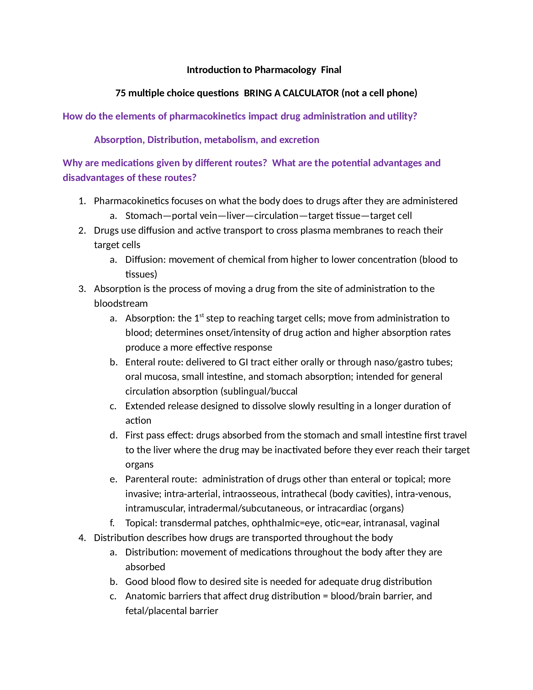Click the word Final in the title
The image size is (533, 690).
(x=331, y=70)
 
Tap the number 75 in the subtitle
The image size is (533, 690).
(x=121, y=93)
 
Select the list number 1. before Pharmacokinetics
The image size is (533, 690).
(x=82, y=201)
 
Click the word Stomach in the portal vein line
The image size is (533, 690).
(x=144, y=216)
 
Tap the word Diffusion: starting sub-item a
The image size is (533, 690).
(x=145, y=260)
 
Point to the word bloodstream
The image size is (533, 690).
(x=121, y=304)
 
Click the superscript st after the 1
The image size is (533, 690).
(x=202, y=315)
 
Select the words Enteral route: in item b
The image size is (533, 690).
(x=154, y=362)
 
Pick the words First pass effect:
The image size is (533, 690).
(x=160, y=435)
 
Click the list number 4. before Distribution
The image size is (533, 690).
(x=82, y=538)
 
